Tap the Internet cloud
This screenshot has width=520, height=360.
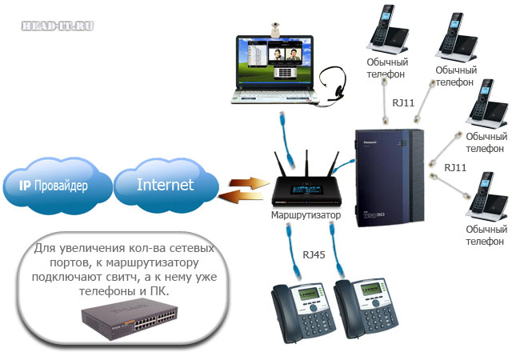point(165,185)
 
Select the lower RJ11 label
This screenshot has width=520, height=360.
point(455,167)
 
